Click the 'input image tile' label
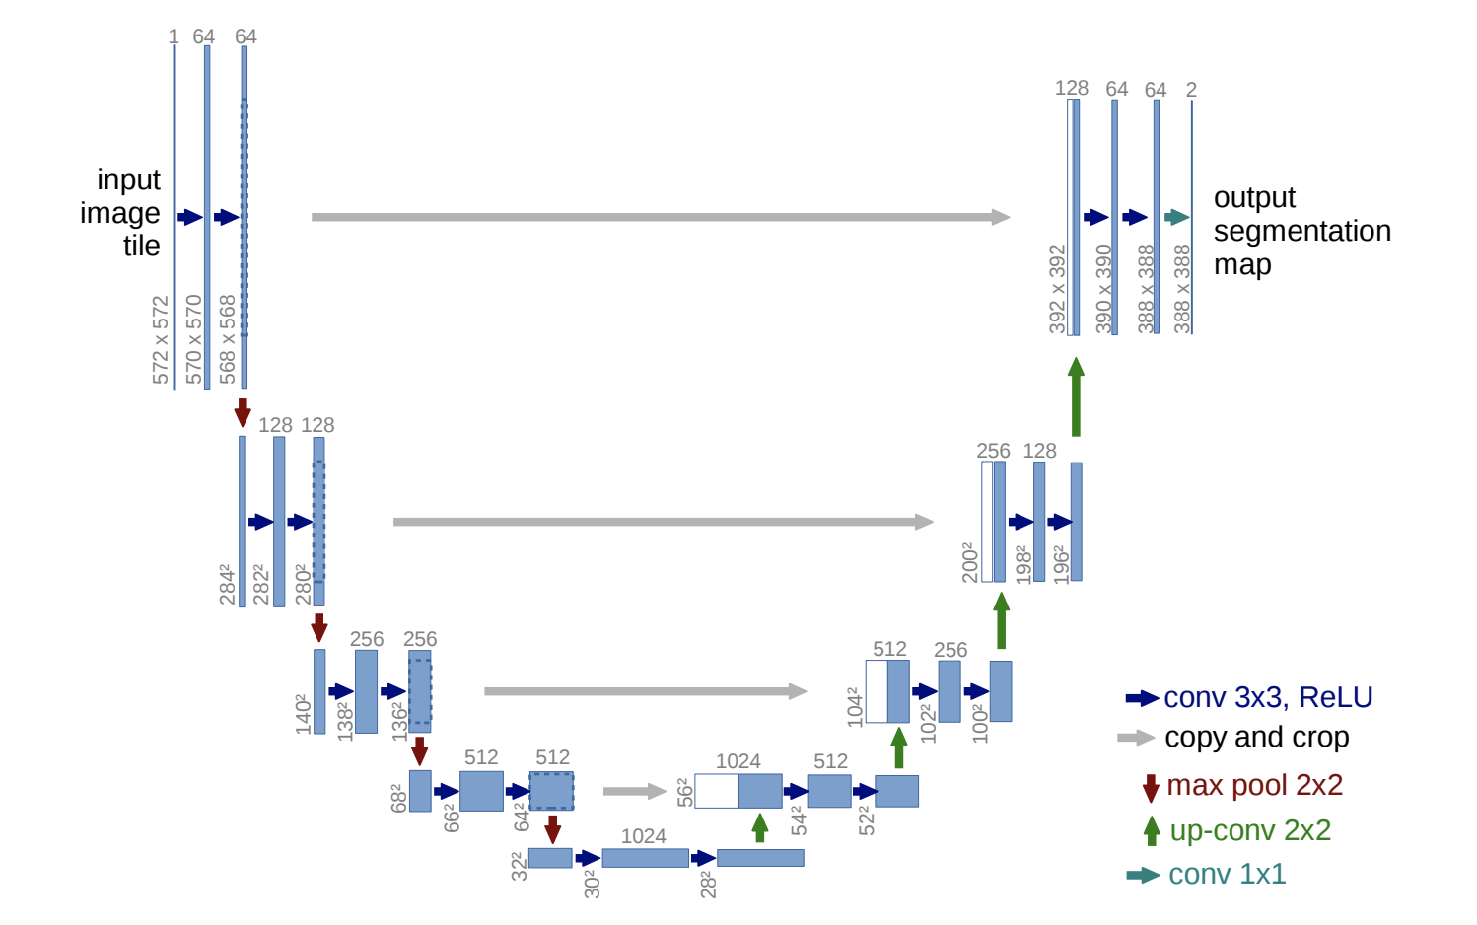coord(121,212)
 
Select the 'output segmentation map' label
coord(1301,231)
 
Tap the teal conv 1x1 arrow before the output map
coord(1176,217)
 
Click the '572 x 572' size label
coord(161,339)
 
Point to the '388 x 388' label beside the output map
coord(1182,288)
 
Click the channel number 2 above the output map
coord(1191,90)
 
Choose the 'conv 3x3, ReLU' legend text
coord(1268,697)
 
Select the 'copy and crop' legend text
coord(1256,737)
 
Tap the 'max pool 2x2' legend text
coord(1254,785)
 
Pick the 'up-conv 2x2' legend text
coord(1250,830)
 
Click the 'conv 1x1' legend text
coord(1227,874)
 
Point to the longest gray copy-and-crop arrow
coord(660,217)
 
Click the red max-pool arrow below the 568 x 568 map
coord(243,412)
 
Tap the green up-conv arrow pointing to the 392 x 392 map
coord(1076,396)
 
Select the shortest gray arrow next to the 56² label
coord(634,791)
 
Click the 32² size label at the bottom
coord(519,865)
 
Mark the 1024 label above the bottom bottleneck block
coord(643,836)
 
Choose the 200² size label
coord(970,561)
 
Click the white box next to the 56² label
coord(716,791)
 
